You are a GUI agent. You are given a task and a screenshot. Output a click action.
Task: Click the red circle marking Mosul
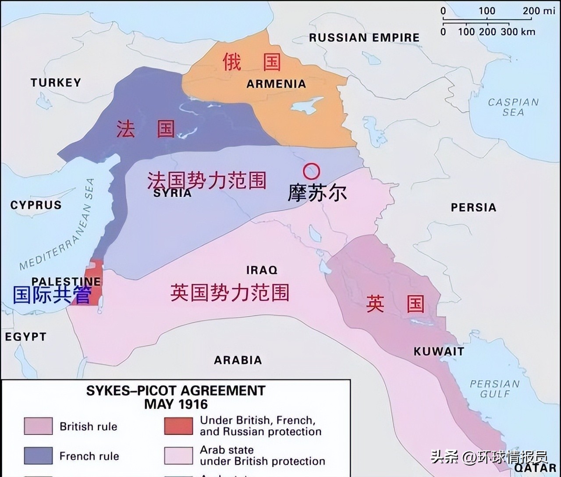pos(312,171)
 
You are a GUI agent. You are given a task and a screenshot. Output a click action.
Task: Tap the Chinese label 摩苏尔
pos(317,193)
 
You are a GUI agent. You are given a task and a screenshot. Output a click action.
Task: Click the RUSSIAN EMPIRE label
pos(364,38)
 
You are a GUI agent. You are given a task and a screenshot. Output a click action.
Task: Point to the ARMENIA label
pos(276,84)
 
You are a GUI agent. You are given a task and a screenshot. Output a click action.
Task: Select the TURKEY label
pos(56,82)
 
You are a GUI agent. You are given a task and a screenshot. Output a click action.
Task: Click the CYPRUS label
pos(36,205)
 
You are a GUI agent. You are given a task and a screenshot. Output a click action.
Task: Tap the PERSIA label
pos(473,207)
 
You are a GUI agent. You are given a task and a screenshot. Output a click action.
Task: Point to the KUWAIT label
pos(439,351)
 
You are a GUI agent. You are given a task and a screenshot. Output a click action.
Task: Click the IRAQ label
pos(262,270)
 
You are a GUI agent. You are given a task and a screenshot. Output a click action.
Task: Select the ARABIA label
pos(238,360)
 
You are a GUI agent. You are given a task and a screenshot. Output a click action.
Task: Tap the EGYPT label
pos(25,337)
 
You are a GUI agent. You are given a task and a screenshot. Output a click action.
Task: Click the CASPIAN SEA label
pos(513,107)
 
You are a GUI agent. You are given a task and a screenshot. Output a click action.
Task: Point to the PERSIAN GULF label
pos(494,388)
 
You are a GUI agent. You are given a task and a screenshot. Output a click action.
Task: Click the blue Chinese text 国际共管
pos(52,295)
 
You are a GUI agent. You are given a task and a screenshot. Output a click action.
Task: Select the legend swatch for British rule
pos(38,426)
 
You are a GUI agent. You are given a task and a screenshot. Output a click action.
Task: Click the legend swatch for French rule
pos(38,456)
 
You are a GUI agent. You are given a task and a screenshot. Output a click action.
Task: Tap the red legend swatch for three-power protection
pos(178,426)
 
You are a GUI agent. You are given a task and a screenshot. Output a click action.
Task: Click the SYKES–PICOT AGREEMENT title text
pos(176,391)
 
